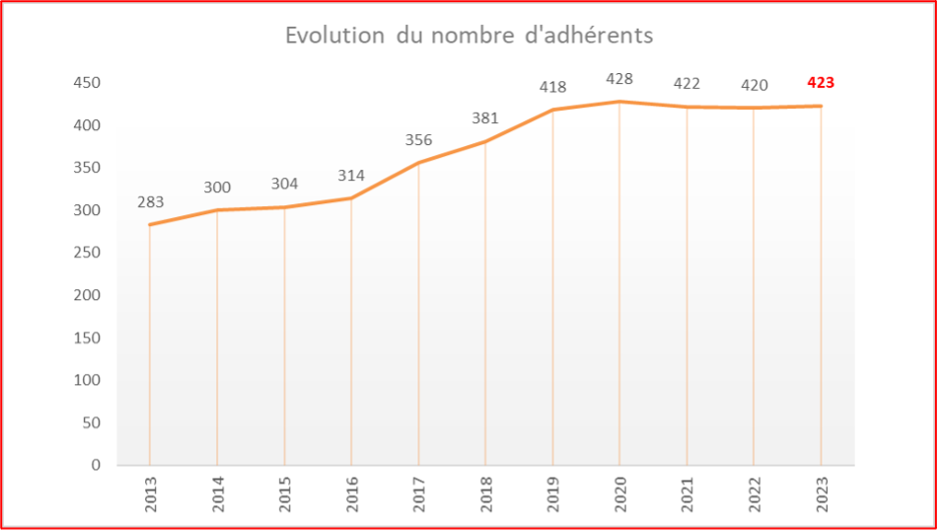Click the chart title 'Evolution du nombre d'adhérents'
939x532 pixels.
pos(469,36)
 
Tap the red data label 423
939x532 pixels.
pos(821,83)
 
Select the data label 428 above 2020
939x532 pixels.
pos(619,79)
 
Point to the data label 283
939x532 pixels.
pos(150,202)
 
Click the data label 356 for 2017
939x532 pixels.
pos(418,140)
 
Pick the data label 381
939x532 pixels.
pos(485,117)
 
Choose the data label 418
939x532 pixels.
pos(552,87)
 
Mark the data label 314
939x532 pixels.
pos(351,176)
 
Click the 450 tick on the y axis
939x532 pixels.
pos(87,83)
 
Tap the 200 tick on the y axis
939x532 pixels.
pos(87,295)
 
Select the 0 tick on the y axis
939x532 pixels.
pos(96,465)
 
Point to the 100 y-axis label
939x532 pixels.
pos(87,380)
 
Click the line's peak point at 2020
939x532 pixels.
pos(619,102)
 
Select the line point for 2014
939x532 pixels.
pos(217,210)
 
